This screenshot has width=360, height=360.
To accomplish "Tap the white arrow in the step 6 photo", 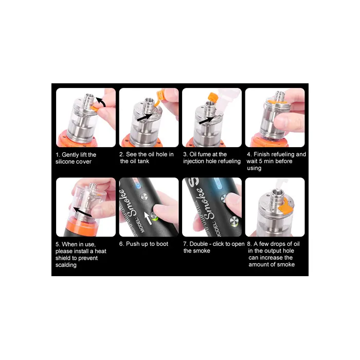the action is tap(148, 218).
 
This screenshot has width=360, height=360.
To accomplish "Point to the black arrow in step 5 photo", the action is tap(82, 212).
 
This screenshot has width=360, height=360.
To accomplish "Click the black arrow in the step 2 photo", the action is tap(145, 117).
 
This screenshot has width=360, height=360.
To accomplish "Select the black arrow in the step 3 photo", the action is tap(207, 120).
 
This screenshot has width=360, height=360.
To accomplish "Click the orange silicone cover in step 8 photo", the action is tap(285, 205).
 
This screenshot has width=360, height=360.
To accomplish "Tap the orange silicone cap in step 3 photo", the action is tap(212, 97).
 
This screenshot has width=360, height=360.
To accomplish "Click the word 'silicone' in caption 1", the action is tap(65, 161).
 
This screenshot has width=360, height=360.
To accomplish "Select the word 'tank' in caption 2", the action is tap(143, 161).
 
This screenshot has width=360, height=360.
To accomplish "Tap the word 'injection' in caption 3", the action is tap(194, 161).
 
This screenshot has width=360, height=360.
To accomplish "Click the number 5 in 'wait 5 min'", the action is tap(260, 161).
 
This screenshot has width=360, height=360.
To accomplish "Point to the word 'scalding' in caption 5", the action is tap(66, 265).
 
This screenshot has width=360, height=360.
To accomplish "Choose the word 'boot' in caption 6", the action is tap(162, 244).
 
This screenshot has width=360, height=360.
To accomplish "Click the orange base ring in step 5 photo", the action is tap(81, 225).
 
